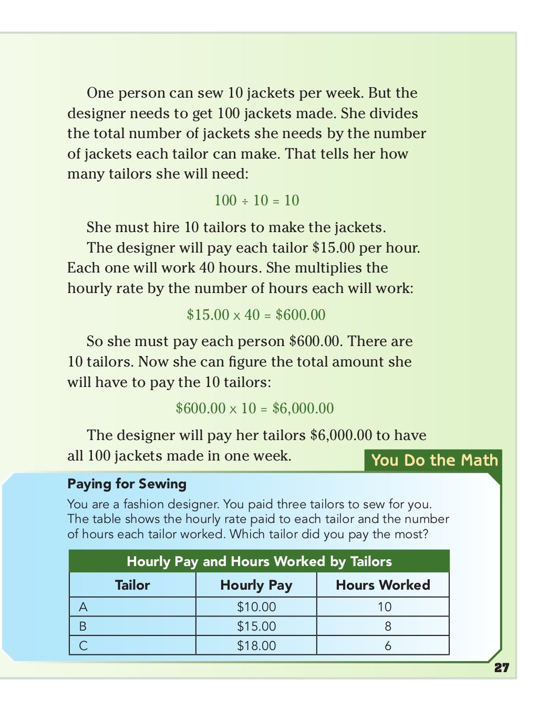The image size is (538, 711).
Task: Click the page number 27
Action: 502,667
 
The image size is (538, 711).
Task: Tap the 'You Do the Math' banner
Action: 434,460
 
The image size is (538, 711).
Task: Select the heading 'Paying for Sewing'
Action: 127,484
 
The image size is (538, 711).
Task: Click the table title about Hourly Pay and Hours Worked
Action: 259,561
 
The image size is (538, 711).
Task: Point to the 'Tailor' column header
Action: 132,585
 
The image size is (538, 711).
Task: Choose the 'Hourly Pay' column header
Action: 256,585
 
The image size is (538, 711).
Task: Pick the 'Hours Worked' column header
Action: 383,585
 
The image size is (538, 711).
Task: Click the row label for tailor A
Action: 83,607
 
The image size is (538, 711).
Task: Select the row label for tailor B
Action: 83,626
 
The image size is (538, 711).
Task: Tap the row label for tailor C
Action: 83,646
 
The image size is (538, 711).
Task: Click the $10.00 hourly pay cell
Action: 256,607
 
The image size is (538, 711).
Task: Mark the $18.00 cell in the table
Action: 256,646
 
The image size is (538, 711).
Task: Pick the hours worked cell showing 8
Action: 388,626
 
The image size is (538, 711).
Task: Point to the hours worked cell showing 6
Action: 388,646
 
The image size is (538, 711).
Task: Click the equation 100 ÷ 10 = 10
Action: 256,200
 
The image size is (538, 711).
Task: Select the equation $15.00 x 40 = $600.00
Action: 256,315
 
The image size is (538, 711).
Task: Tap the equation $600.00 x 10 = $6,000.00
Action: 255,408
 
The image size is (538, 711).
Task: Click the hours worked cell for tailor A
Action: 385,607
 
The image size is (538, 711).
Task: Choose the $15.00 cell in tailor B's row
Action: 256,626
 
